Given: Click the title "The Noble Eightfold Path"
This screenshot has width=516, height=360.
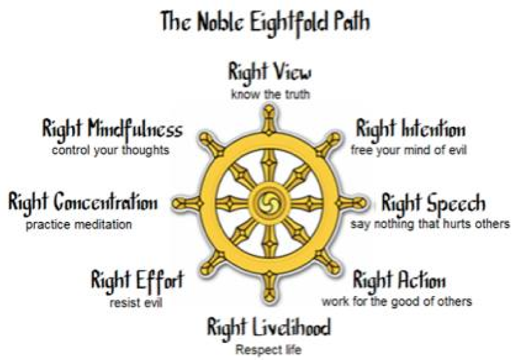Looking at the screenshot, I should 264,23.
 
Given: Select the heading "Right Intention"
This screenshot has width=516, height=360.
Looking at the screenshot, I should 411,130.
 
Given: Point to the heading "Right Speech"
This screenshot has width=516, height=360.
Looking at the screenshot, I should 433,204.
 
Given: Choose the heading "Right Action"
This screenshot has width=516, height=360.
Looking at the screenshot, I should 399,280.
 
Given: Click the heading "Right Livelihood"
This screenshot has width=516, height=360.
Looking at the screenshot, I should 269,328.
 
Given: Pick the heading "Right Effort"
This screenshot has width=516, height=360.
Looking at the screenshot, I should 137,280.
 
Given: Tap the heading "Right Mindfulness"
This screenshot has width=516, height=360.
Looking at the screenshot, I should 112,130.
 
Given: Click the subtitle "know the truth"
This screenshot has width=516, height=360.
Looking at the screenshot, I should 269,94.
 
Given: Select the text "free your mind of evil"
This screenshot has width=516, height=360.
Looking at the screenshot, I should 408,150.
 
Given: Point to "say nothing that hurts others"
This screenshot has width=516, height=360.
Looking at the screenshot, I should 430,224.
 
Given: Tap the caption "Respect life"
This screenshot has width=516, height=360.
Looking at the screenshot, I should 268,349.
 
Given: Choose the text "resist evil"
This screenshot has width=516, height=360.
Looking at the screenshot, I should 140,301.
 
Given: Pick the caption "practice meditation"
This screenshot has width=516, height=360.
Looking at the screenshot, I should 79,224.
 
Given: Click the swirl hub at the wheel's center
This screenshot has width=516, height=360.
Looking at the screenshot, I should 269,203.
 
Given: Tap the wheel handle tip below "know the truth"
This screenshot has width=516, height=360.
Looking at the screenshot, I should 269,111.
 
